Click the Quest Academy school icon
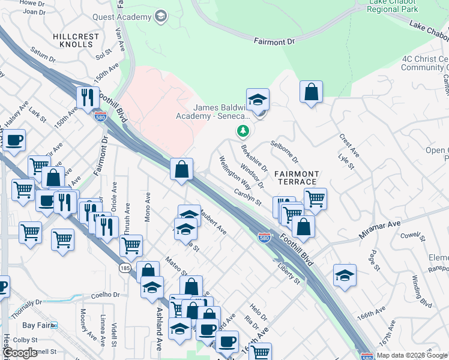[160, 16]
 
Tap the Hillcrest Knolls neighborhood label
[76, 40]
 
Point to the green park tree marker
[243, 130]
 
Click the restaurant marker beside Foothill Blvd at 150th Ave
[88, 97]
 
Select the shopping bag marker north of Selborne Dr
[311, 92]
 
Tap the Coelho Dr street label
[106, 295]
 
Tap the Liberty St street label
[288, 272]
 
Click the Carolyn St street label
[248, 199]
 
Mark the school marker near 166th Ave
[345, 275]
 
